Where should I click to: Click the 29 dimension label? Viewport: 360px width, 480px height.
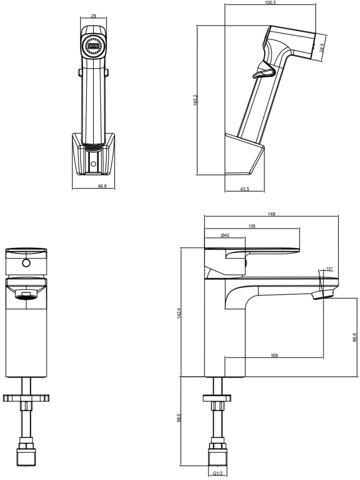93,16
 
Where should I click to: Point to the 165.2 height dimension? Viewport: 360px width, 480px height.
196,100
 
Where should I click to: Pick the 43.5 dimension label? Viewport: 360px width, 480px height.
244,189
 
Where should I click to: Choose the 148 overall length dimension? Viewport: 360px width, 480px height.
272,214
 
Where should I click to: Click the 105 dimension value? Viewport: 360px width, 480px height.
252,226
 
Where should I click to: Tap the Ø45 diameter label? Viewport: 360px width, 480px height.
225,235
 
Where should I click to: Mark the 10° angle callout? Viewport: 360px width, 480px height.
329,269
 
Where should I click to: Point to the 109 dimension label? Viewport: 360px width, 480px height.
274,356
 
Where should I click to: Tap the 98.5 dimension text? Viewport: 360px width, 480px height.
179,419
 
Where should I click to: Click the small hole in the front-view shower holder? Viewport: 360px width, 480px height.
93,164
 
